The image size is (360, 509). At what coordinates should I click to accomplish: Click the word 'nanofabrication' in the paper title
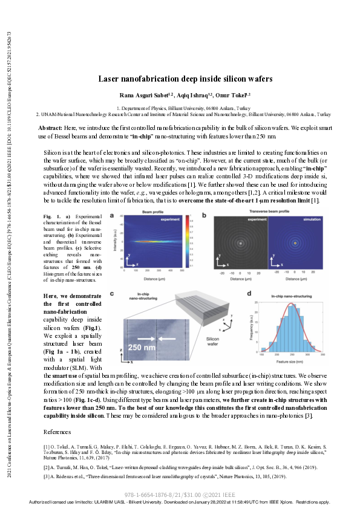(166, 79)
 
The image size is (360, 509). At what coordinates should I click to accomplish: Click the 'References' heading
(59, 415)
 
